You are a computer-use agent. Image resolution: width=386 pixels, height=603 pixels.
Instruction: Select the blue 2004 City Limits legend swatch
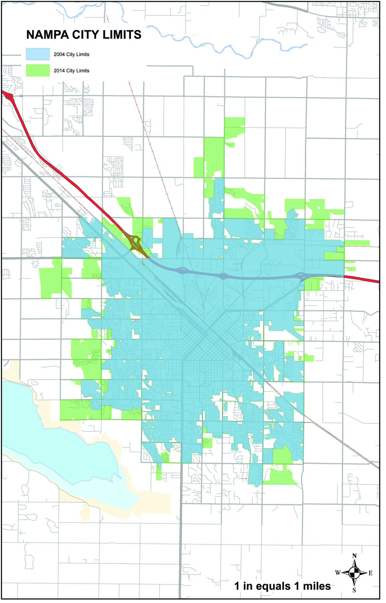pyautogui.click(x=38, y=54)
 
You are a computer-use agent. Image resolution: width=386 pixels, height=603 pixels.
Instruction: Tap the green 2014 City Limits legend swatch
pyautogui.click(x=38, y=70)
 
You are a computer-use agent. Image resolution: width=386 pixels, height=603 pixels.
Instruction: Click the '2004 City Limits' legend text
pyautogui.click(x=71, y=54)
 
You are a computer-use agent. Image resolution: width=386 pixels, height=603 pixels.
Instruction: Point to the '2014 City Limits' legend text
pyautogui.click(x=71, y=71)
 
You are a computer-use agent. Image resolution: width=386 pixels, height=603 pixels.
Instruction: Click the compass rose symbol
pyautogui.click(x=354, y=573)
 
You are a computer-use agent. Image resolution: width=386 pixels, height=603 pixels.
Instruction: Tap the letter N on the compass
pyautogui.click(x=355, y=556)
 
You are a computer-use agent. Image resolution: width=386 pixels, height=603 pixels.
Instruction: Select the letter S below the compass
pyautogui.click(x=354, y=590)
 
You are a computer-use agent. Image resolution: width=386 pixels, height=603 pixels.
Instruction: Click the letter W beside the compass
pyautogui.click(x=338, y=573)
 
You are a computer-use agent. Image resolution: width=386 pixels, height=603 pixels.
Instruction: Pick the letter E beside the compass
pyautogui.click(x=370, y=573)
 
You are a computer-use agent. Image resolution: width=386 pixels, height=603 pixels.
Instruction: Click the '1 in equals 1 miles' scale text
pyautogui.click(x=282, y=586)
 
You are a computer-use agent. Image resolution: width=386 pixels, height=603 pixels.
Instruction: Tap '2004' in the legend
pyautogui.click(x=59, y=54)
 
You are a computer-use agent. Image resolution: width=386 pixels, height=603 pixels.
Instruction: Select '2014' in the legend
pyautogui.click(x=59, y=71)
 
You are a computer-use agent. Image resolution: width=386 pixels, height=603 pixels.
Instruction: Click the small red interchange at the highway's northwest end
pyautogui.click(x=9, y=97)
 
